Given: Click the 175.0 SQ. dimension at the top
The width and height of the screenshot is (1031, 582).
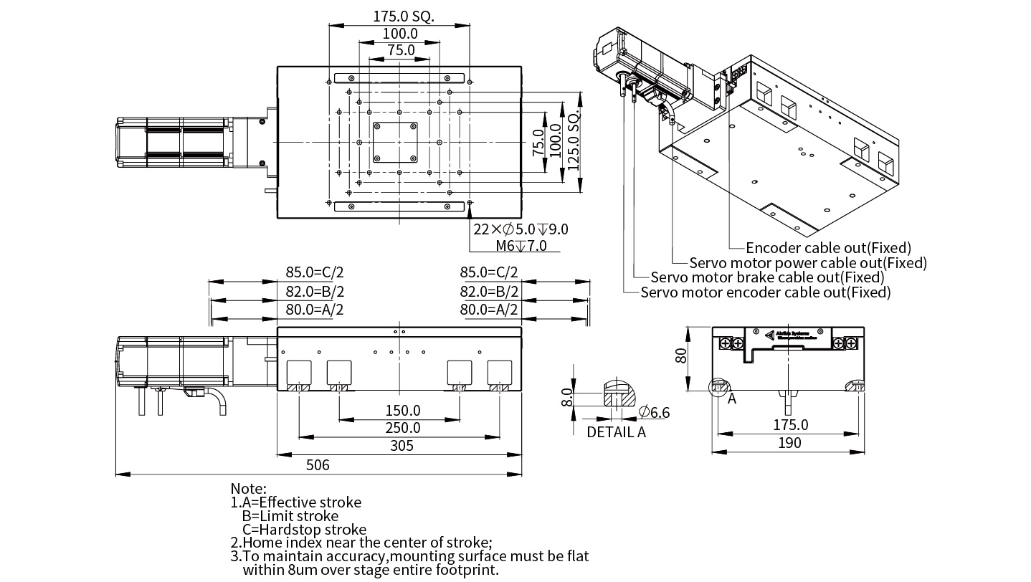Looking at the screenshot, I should point(404,16).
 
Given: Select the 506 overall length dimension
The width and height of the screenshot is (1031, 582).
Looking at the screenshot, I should point(318,465).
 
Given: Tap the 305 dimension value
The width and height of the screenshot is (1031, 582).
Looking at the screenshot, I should point(402,446).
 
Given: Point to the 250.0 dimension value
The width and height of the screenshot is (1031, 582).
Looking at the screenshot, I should point(402,428).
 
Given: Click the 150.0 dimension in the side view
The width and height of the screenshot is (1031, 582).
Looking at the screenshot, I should point(402,411).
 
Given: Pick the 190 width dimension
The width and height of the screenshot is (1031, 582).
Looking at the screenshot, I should point(789,444).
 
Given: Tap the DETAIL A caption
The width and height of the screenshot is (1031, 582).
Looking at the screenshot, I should point(616,432).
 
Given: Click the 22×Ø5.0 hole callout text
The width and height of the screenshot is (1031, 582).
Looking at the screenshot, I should point(521,229).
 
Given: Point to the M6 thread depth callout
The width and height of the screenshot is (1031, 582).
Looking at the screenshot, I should point(521,246).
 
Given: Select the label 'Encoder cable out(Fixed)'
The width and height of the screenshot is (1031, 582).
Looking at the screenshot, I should point(828,248).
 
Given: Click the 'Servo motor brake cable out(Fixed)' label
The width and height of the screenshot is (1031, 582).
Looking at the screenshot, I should point(767,277).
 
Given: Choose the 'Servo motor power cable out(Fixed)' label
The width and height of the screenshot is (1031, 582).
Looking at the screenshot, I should point(808,263).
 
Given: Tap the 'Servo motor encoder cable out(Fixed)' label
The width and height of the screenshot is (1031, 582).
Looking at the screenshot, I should point(766,292).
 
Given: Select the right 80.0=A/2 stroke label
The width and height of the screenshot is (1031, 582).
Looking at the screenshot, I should point(488,310).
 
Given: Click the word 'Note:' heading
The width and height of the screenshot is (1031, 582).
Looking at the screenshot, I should point(248,489).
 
